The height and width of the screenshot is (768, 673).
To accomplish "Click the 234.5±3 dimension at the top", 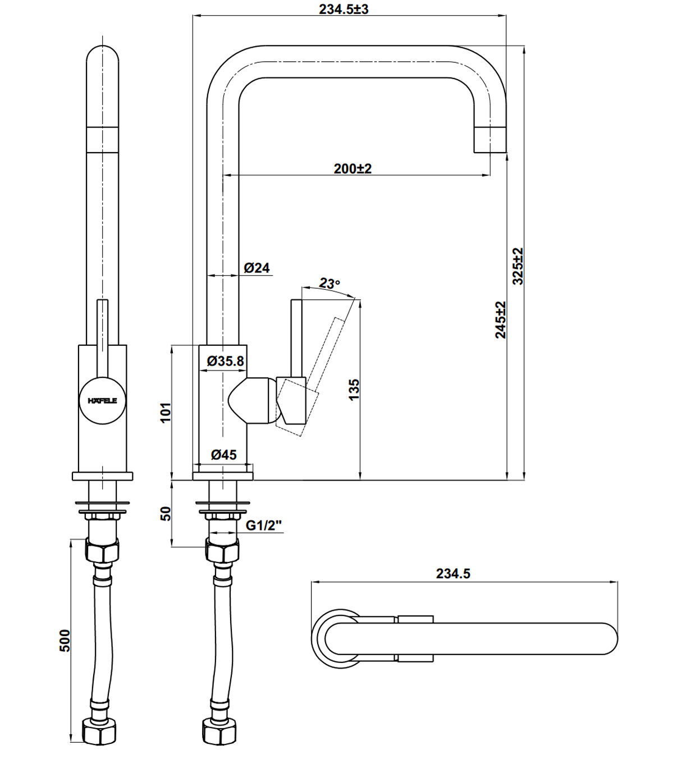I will click(344, 9).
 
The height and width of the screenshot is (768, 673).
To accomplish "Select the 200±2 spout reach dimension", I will click(352, 168).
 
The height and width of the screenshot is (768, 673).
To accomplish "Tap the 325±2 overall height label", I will click(518, 266).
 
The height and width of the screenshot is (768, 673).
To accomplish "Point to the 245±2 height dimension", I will click(501, 319).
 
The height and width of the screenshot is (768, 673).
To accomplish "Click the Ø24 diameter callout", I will click(257, 268).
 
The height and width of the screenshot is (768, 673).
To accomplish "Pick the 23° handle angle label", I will click(329, 284).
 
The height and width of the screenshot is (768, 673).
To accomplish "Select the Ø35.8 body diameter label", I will click(226, 361).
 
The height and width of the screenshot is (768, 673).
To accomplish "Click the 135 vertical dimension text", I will click(354, 390).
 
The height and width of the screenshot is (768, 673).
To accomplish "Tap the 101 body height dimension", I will click(166, 413).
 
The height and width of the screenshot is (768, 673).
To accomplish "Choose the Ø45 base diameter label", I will click(224, 455).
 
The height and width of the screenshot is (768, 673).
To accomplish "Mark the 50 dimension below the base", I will click(166, 513).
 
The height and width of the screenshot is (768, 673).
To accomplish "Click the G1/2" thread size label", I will click(264, 525).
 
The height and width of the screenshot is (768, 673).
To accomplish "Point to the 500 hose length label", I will click(65, 640).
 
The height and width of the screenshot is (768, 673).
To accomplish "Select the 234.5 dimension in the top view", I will click(453, 574).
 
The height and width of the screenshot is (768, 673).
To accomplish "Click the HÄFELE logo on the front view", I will click(102, 401).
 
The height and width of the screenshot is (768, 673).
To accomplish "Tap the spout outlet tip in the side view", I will click(490, 139).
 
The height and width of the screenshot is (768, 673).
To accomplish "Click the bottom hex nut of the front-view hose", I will click(102, 732).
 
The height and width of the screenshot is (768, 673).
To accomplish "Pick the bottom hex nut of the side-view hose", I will click(220, 732).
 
